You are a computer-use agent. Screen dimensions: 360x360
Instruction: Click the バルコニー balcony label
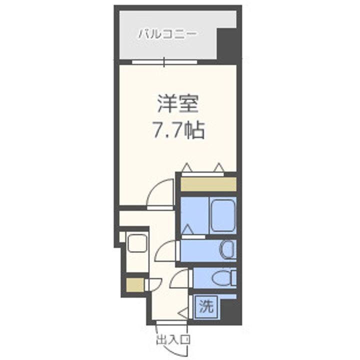pos(167,34)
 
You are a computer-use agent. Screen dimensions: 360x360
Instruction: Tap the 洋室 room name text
pos(178,105)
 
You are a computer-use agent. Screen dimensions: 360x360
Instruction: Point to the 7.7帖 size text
pos(178,131)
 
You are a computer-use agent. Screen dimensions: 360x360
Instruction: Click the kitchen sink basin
pos(136,243)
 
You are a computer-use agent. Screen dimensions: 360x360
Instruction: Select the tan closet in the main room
pos(208,183)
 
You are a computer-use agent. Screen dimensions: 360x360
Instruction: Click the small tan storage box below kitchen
pos(134,286)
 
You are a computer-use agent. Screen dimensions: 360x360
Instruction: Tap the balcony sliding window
pos(164,62)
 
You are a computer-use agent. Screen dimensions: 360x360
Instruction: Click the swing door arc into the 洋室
pos(161,192)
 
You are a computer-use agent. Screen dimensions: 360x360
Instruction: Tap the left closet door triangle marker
pos(186,167)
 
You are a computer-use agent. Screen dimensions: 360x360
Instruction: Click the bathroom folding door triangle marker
pos(187,230)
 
